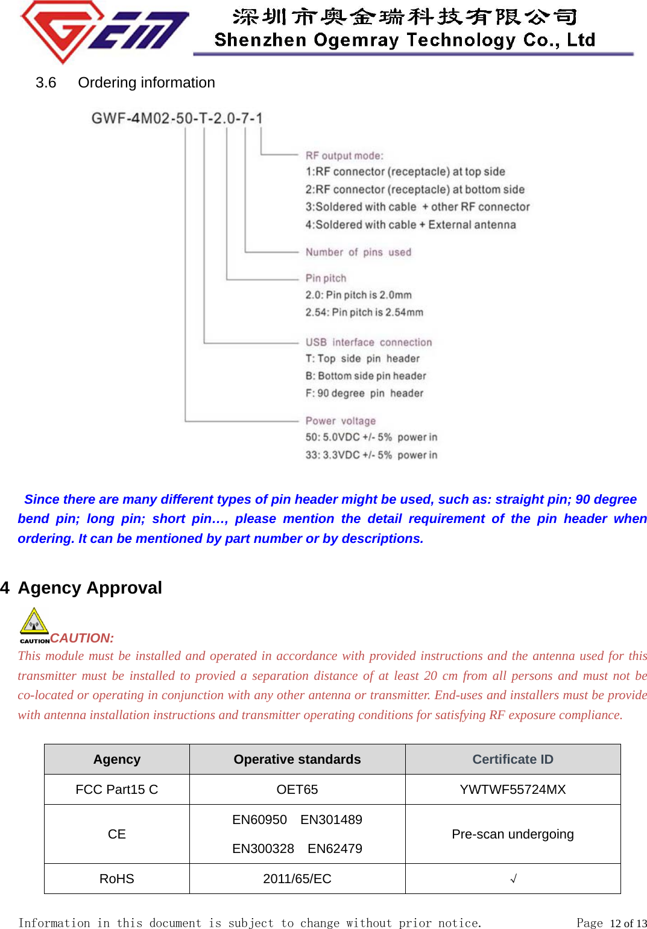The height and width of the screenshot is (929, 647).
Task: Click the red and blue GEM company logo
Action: (x=104, y=30)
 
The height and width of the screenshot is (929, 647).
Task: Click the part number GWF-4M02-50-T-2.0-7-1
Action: (x=177, y=118)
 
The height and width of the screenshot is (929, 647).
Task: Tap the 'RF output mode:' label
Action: (x=344, y=156)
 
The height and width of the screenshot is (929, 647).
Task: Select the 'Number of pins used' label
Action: (x=358, y=252)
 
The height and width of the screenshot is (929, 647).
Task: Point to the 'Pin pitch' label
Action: (x=326, y=278)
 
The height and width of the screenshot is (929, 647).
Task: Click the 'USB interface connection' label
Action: (x=368, y=342)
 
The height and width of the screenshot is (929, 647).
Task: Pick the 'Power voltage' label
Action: (x=340, y=420)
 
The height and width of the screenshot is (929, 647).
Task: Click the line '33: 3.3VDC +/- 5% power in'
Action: (x=371, y=455)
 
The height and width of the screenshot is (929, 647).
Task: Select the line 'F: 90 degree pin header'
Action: (x=364, y=393)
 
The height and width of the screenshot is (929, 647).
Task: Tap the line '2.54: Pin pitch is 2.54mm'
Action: (x=364, y=312)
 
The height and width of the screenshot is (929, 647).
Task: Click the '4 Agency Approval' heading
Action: (x=82, y=588)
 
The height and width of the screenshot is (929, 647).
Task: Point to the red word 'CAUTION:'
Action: (x=82, y=638)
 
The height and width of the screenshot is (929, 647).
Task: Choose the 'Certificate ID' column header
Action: (x=513, y=759)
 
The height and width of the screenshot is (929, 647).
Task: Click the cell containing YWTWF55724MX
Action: (x=513, y=790)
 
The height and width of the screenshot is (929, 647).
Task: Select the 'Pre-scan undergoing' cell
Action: (x=513, y=834)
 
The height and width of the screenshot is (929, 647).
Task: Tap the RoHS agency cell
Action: (x=116, y=879)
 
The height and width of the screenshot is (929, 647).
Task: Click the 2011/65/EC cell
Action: (x=297, y=879)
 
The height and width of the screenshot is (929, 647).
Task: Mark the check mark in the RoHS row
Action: (x=513, y=879)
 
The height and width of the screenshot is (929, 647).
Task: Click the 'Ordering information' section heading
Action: (x=146, y=83)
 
